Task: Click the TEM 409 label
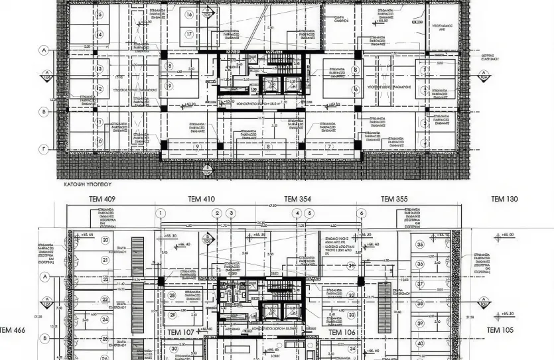pos(102,199)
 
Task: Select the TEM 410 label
pos(201,199)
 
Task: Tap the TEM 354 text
pos(298,199)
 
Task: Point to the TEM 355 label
pos(393,199)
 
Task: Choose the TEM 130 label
pos(504,199)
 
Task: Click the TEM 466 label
pos(13,330)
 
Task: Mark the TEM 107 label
pos(180,332)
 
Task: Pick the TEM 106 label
pos(343,332)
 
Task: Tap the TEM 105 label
pos(500,330)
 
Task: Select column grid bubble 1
pos(161,213)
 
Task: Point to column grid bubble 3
pos(231,213)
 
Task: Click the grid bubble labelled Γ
pos(44,149)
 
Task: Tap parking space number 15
pos(100,14)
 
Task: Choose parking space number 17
pos(189,34)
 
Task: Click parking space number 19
pos(170,86)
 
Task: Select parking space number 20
pos(105,241)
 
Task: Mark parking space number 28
pos(173,296)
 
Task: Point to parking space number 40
pos(419,343)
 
